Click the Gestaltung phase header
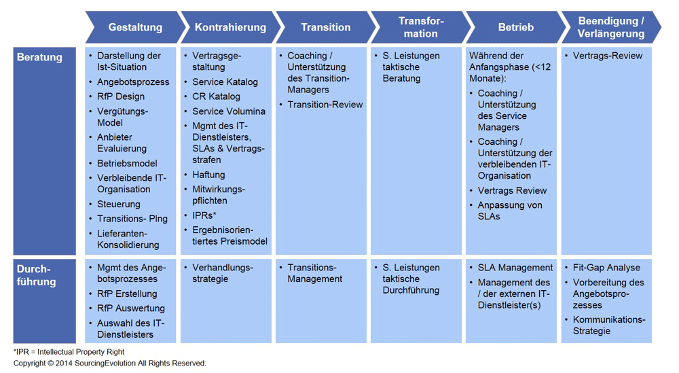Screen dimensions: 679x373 point(135,27)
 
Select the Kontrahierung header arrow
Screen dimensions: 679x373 point(230,27)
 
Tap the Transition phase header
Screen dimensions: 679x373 point(326,27)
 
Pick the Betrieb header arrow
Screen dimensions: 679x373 point(516,27)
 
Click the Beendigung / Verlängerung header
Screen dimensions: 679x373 point(611,27)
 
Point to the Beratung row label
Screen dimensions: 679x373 point(39,57)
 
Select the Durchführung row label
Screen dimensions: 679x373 point(37,275)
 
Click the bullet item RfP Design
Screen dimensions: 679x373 point(121,96)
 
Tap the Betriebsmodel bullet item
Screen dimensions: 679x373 point(127,163)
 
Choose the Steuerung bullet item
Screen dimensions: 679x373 point(119,204)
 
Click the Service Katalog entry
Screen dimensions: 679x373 point(225,82)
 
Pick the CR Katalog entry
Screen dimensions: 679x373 point(216,96)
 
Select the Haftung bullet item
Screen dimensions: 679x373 point(208,175)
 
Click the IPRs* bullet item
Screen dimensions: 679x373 point(204,215)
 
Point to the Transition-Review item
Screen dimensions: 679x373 point(325,105)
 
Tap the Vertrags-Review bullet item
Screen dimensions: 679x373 point(608,56)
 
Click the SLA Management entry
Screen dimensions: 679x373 point(515,268)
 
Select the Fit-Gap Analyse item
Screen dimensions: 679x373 point(606,268)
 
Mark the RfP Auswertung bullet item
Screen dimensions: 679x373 point(131,308)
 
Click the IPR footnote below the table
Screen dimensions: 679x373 point(69,352)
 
